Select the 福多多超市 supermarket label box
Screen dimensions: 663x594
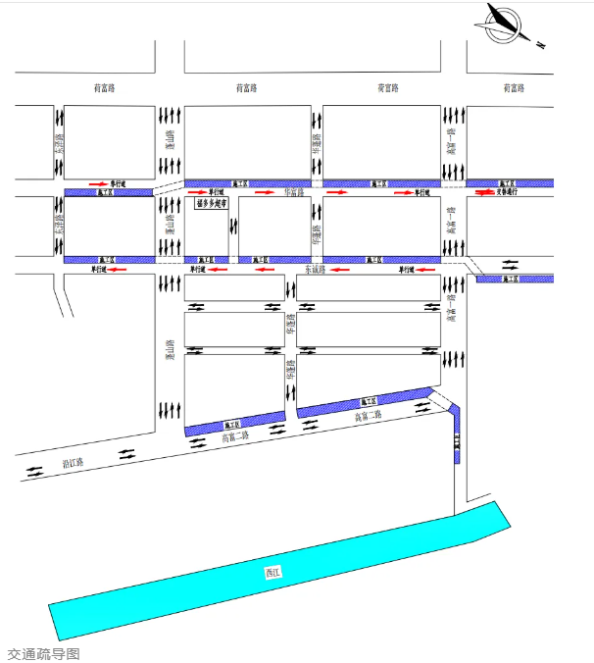212,205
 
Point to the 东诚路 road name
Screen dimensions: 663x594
314,269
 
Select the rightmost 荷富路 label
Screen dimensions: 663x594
514,88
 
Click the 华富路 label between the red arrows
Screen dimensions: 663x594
295,192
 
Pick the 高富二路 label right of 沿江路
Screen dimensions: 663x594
236,437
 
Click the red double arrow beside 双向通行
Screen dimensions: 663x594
484,192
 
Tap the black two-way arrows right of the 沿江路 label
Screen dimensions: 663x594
128,454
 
